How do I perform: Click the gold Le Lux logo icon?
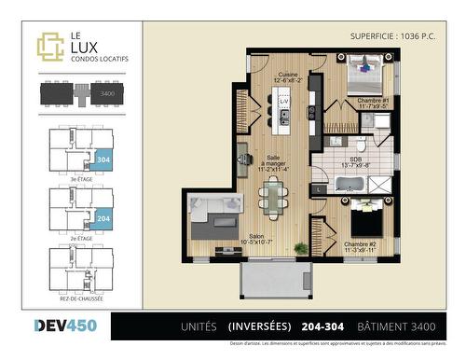coord(49,46)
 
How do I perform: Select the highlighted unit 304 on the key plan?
coord(104,159)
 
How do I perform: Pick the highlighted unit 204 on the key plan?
coord(104,217)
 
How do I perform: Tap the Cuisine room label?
coord(287,76)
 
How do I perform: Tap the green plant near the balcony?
coord(300,248)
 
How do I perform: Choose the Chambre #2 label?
coord(359,245)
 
